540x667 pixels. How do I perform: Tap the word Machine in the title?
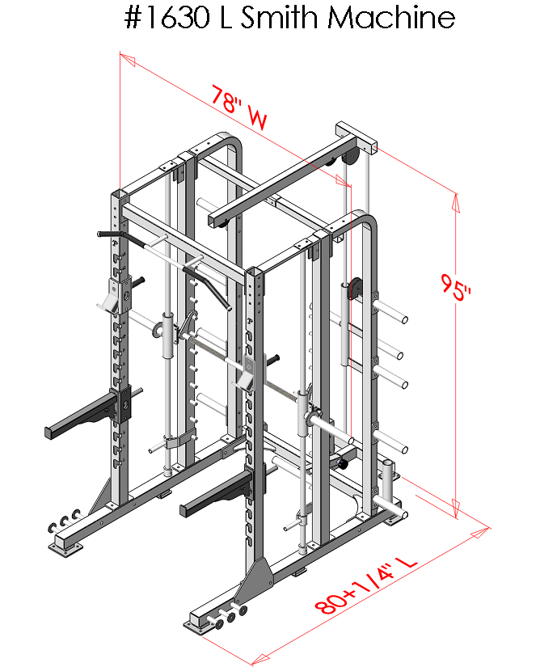pyautogui.click(x=390, y=18)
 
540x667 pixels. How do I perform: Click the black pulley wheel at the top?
pyautogui.click(x=349, y=157)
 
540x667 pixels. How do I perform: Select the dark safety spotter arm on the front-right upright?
pyautogui.click(x=218, y=495)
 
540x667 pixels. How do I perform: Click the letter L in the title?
pyautogui.click(x=226, y=18)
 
